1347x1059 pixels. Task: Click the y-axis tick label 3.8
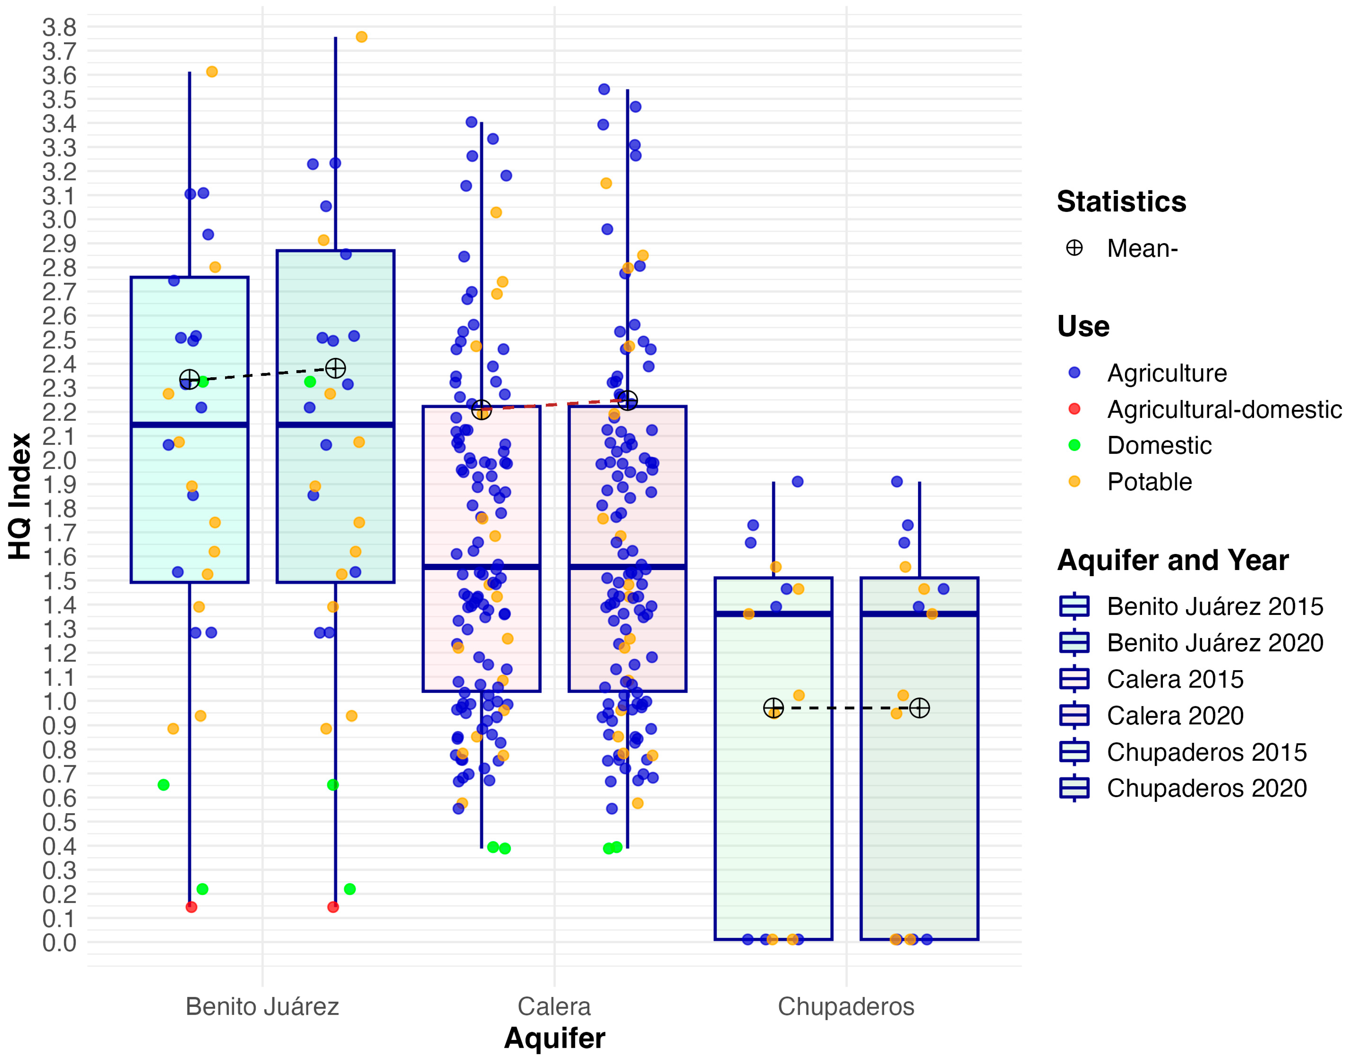pyautogui.click(x=59, y=27)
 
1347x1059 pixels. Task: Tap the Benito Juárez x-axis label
pyautogui.click(x=262, y=1006)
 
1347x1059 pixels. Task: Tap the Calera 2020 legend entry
pyautogui.click(x=1175, y=715)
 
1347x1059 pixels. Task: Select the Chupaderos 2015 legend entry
pyautogui.click(x=1206, y=752)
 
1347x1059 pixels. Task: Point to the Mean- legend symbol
pyautogui.click(x=1074, y=248)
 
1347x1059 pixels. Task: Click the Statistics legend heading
pyautogui.click(x=1121, y=202)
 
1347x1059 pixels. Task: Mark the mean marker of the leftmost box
pyautogui.click(x=189, y=379)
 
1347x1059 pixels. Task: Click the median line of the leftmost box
pyautogui.click(x=189, y=425)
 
